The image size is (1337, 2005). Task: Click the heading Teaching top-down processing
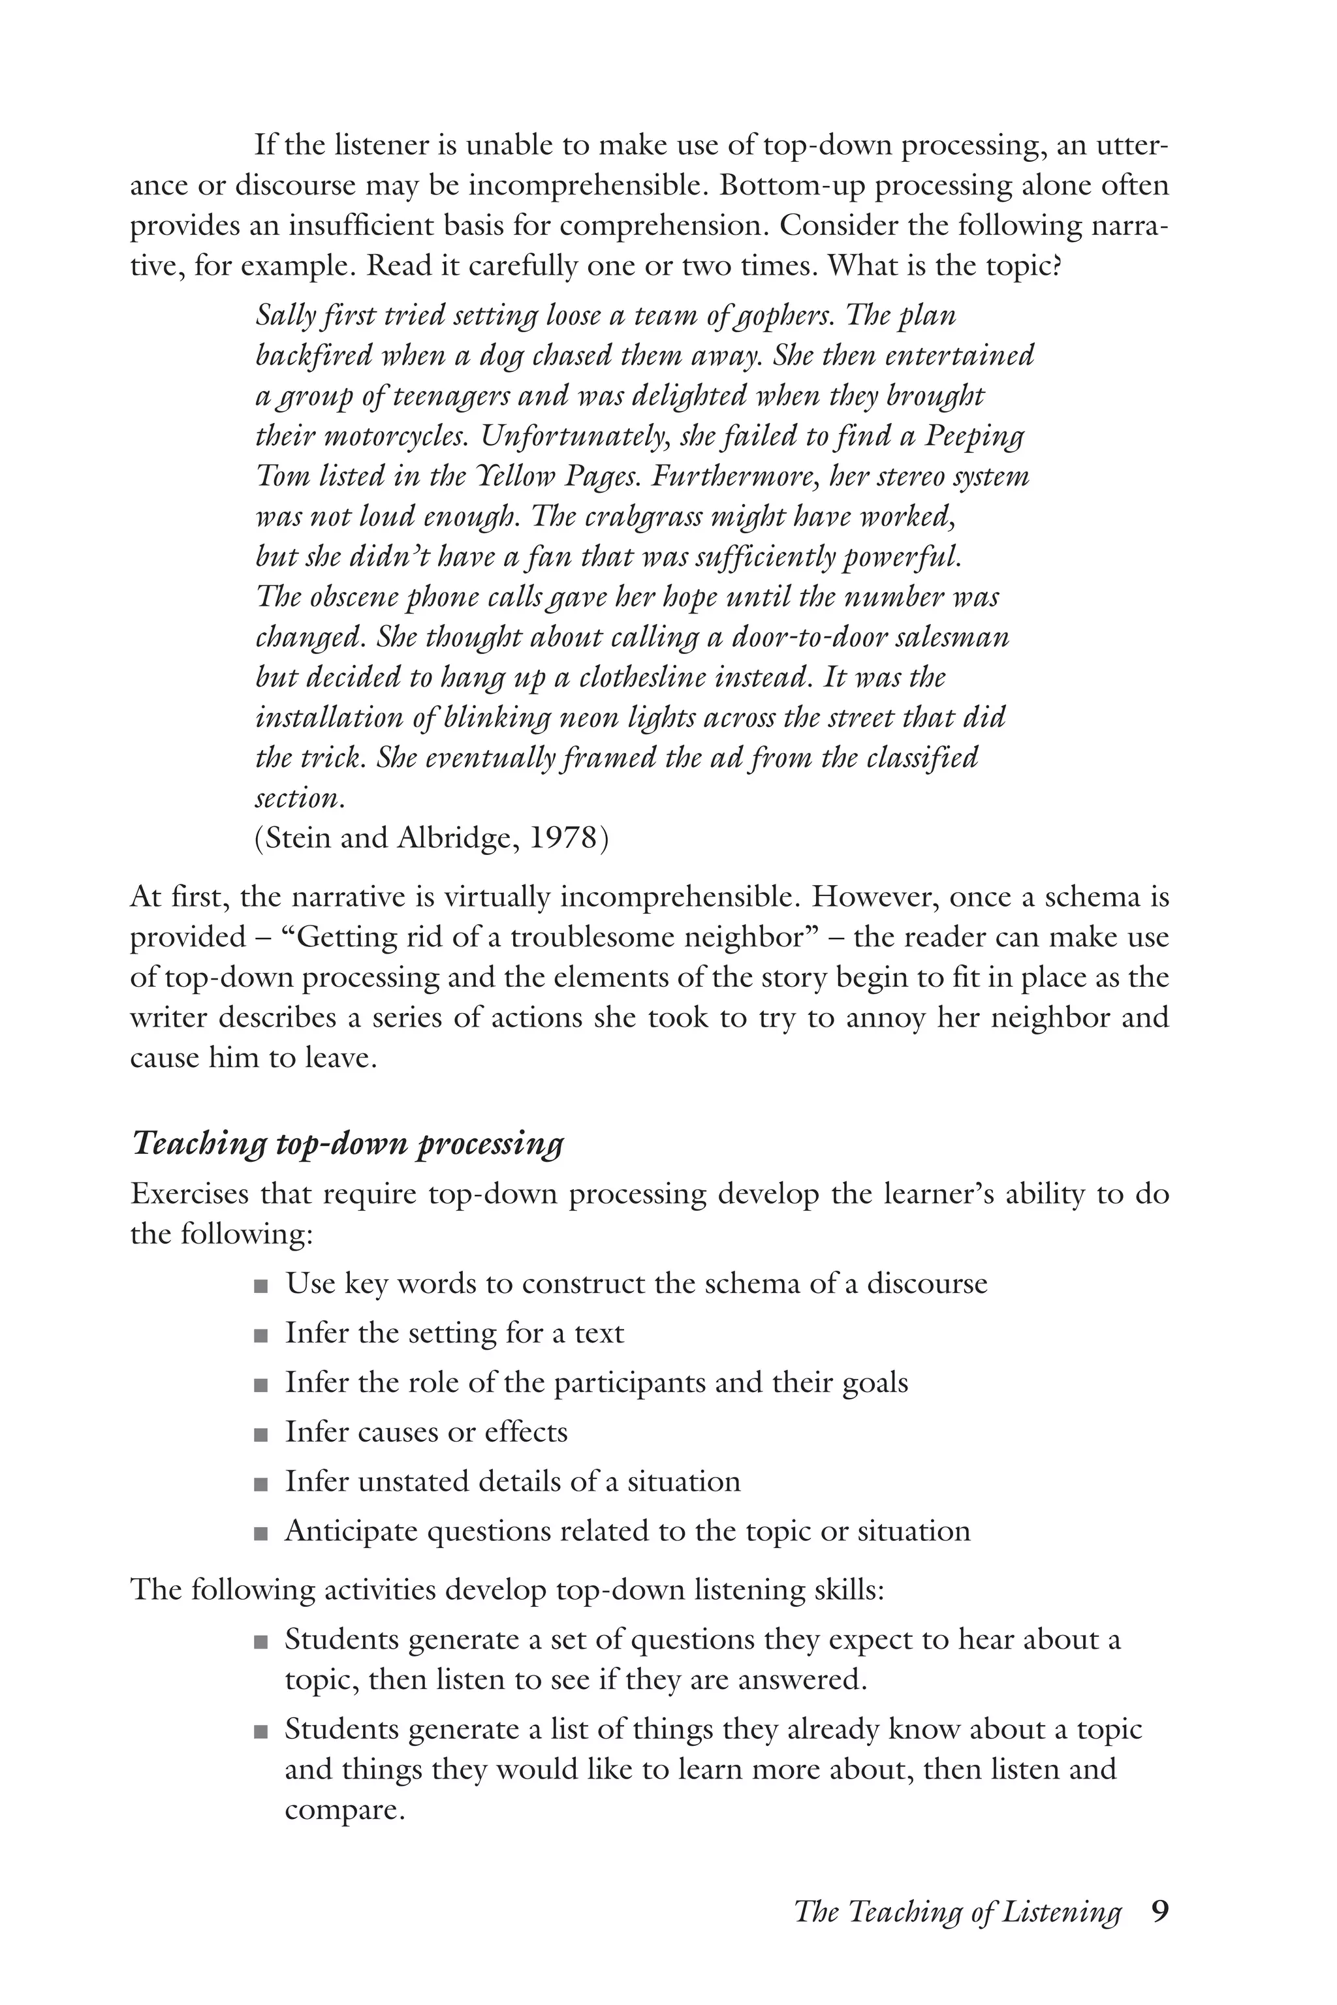[347, 1144]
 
